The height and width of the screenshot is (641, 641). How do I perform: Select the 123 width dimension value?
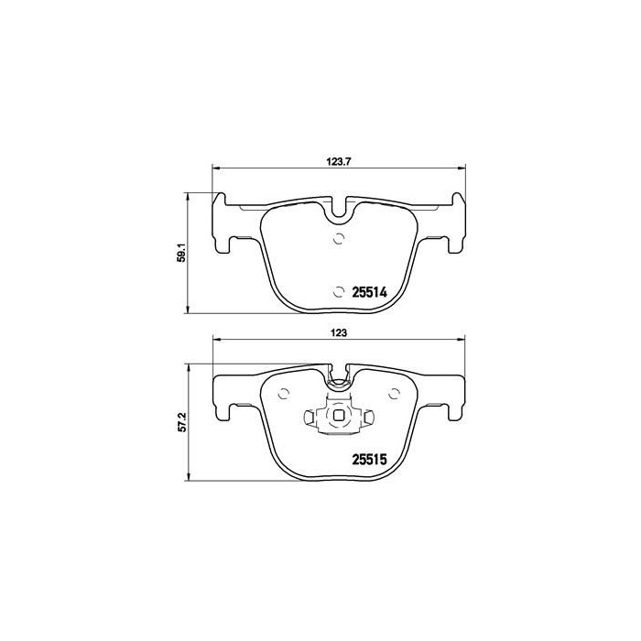[338, 333]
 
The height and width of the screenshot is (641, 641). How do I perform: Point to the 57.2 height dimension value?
[181, 422]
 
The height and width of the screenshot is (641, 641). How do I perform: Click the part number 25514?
[371, 291]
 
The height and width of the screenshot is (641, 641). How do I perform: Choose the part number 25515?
[371, 461]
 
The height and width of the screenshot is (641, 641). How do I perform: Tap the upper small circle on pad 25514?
[338, 240]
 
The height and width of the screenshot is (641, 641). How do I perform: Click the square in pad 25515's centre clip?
[338, 420]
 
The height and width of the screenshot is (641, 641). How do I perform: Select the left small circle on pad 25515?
[283, 395]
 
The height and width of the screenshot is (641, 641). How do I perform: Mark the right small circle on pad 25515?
[393, 395]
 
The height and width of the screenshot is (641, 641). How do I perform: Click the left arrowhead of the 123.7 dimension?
[216, 168]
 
